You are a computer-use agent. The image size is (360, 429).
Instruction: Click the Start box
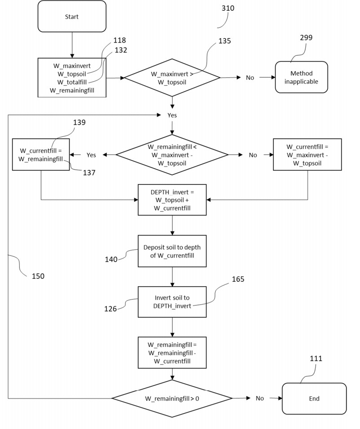point(72,17)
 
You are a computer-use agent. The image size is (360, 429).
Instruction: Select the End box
point(314,398)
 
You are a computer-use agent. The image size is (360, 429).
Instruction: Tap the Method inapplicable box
point(301,77)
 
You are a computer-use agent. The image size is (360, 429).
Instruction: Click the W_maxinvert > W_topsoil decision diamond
point(172,78)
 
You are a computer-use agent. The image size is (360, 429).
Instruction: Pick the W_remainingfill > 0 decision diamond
point(172,398)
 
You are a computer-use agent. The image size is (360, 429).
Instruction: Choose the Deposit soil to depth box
point(172,251)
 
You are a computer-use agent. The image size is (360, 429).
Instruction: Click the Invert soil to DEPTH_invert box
point(172,302)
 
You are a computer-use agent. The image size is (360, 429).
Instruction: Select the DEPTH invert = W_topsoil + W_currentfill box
point(172,199)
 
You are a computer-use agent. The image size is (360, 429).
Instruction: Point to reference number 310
point(228,8)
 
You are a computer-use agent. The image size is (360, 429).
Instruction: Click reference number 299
point(306,38)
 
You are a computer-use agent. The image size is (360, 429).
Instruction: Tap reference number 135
point(224,41)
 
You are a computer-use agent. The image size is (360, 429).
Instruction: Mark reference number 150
point(38,276)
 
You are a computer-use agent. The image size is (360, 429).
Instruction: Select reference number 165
point(238,279)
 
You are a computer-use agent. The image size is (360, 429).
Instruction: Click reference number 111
point(316,359)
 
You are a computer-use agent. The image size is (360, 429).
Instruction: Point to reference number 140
point(111,259)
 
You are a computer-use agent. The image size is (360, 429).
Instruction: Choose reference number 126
point(110,309)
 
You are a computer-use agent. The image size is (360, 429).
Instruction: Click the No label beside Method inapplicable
point(250,78)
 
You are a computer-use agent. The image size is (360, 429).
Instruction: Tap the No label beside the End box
point(260,398)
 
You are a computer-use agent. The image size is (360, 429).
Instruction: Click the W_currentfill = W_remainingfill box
point(41,154)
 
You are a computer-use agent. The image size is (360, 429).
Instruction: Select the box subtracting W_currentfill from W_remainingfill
point(172,353)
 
